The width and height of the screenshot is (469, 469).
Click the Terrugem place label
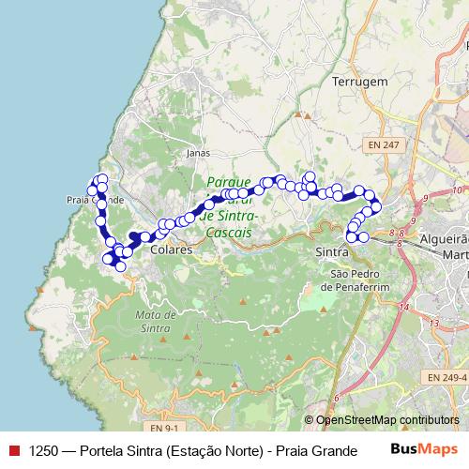point(359,83)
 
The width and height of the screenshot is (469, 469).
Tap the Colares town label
point(171,250)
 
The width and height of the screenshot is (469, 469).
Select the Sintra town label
point(334,252)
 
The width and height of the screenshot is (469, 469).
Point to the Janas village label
point(198,151)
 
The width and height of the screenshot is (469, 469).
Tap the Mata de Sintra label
point(157,321)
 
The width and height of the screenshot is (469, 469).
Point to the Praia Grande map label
point(95,200)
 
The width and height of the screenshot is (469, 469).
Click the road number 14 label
point(404,307)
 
